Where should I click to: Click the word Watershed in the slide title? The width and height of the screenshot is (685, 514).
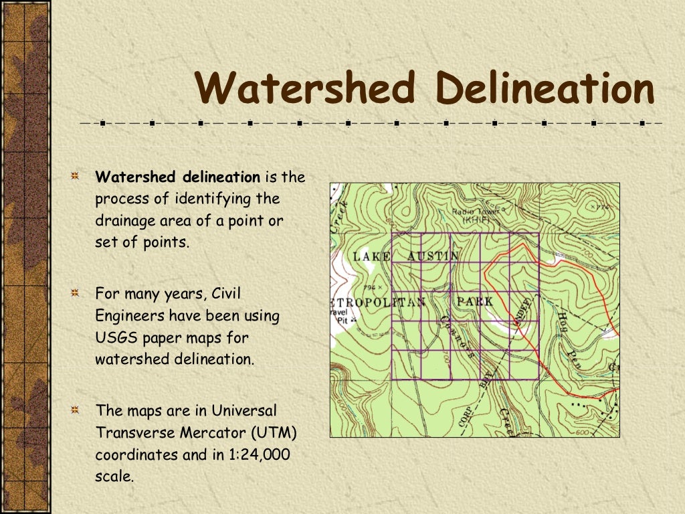pos(306,88)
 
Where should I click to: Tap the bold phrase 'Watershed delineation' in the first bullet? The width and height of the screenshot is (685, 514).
pos(177,177)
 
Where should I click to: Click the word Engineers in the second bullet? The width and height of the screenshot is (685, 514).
pos(130,315)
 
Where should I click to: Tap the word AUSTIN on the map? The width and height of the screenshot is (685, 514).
pos(433,256)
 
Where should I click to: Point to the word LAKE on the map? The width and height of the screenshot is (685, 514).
pos(371,256)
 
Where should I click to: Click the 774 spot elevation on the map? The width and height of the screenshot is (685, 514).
pos(601,207)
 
